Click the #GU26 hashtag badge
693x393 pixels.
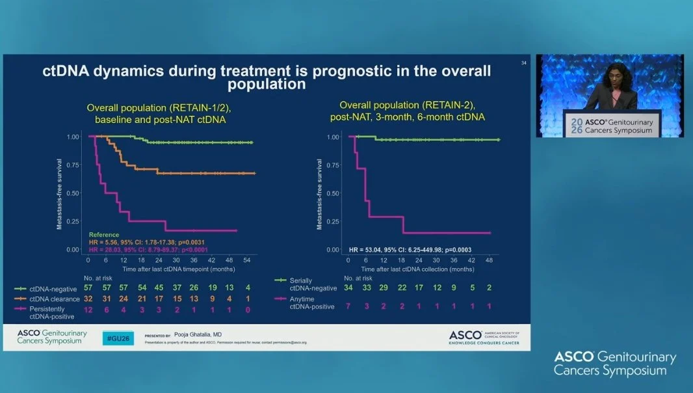point(118,338)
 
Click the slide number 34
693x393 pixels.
point(524,62)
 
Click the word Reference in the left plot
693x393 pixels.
point(104,235)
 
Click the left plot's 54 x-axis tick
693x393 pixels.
point(247,260)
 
